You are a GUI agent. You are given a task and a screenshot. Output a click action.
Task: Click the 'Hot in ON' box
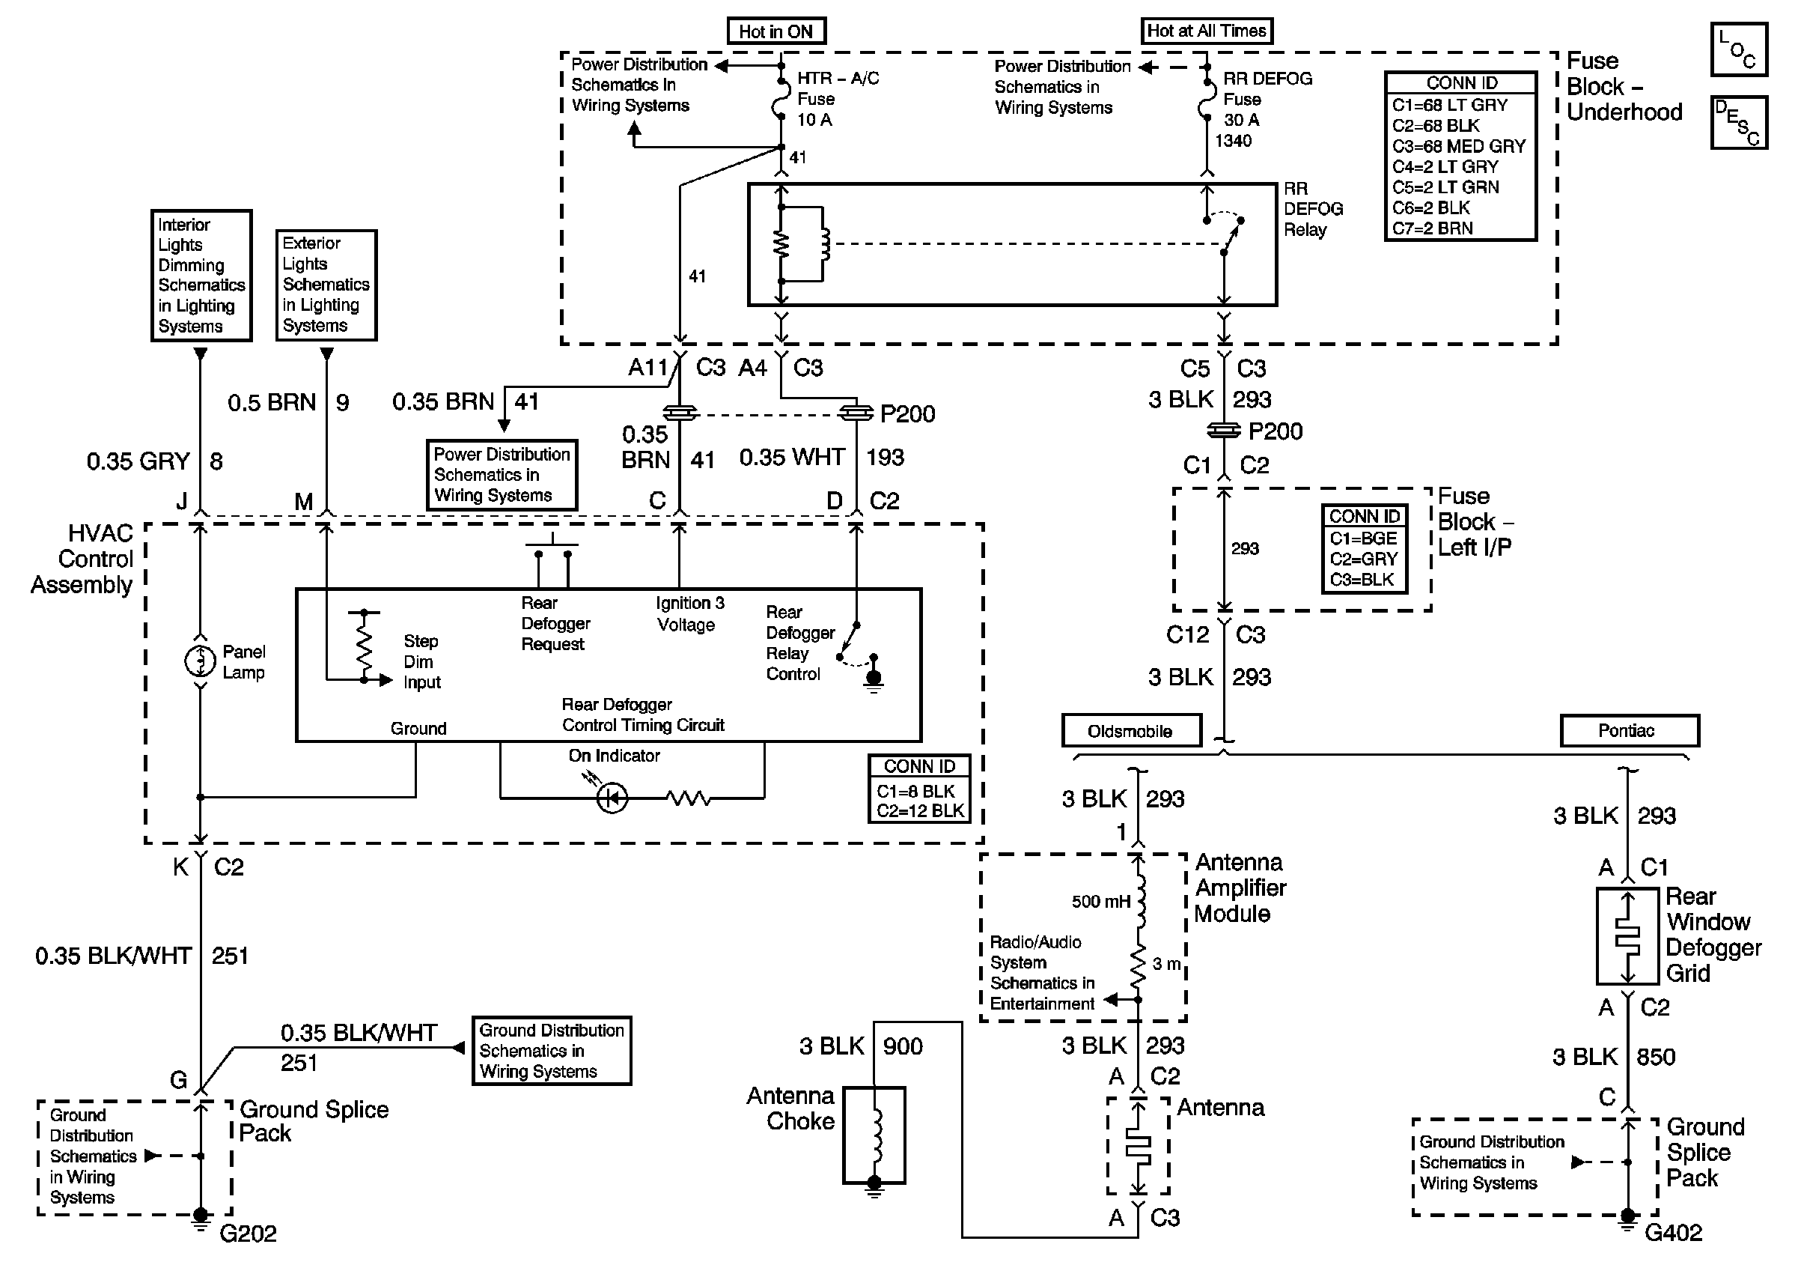coord(775,31)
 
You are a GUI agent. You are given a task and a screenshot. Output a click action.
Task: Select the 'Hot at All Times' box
coord(1206,31)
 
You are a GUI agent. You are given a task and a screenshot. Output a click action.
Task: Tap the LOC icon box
coord(1738,49)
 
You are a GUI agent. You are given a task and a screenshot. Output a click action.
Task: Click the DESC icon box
coord(1738,122)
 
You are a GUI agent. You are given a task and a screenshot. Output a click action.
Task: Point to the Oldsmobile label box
coord(1131,731)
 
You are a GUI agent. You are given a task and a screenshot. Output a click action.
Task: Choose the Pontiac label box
coord(1629,731)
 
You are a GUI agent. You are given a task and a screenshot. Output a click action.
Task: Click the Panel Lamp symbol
coord(201,661)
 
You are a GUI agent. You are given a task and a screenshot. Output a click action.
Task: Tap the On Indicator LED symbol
coord(612,798)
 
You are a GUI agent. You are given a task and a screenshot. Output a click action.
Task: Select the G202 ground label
coord(248,1234)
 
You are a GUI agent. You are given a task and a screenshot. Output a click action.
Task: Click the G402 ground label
coord(1673,1233)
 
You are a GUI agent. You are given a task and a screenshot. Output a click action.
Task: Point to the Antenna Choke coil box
coord(874,1135)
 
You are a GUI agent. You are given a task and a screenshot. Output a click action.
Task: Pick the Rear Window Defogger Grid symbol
coord(1627,936)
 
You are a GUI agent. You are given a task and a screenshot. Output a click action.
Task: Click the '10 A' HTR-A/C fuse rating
coord(814,120)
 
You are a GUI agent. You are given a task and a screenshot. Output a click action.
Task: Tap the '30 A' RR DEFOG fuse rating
coord(1241,120)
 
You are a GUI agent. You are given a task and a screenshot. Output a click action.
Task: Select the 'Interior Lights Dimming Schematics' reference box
coord(201,275)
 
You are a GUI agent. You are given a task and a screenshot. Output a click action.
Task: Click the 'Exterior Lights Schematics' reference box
coord(326,285)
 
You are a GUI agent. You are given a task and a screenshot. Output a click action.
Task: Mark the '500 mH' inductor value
coord(1100,902)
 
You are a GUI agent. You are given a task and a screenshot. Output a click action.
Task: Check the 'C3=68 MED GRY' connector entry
coord(1458,147)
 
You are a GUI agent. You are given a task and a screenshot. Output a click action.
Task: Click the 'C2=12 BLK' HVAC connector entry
coord(919,811)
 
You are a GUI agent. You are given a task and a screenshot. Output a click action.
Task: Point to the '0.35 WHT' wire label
coord(792,457)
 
